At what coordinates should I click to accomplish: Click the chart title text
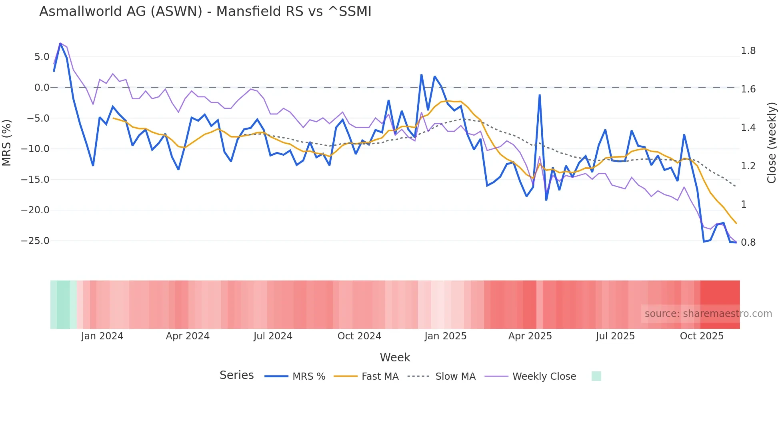tap(205, 12)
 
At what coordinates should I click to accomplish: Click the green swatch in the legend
tap(596, 376)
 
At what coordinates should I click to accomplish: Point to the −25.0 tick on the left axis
tap(35, 241)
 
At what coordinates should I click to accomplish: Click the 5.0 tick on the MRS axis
tap(42, 57)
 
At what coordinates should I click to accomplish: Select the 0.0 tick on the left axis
tap(42, 88)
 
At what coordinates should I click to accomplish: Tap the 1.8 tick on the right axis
tap(748, 51)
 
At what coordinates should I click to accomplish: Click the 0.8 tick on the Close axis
tap(748, 243)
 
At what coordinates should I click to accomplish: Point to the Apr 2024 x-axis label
tap(188, 336)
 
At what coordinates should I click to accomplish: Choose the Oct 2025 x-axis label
tap(702, 336)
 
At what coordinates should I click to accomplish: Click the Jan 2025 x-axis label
tap(445, 336)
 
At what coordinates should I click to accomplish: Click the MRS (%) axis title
tap(7, 143)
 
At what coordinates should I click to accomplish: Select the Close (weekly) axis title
tap(772, 143)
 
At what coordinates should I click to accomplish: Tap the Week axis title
tap(395, 357)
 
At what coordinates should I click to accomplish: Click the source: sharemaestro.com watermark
tap(708, 314)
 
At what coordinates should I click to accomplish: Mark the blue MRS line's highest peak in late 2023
tap(60, 43)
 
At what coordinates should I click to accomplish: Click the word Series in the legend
tap(236, 375)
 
